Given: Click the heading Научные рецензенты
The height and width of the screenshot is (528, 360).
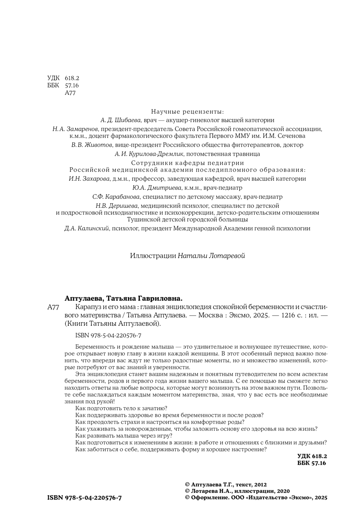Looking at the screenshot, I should (x=187, y=111).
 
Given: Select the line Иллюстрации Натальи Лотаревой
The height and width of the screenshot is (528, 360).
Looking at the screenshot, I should (x=187, y=256).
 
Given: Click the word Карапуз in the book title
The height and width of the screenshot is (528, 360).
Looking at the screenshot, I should (x=87, y=307).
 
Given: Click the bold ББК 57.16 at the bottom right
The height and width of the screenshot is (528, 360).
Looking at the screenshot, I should (x=312, y=463).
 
